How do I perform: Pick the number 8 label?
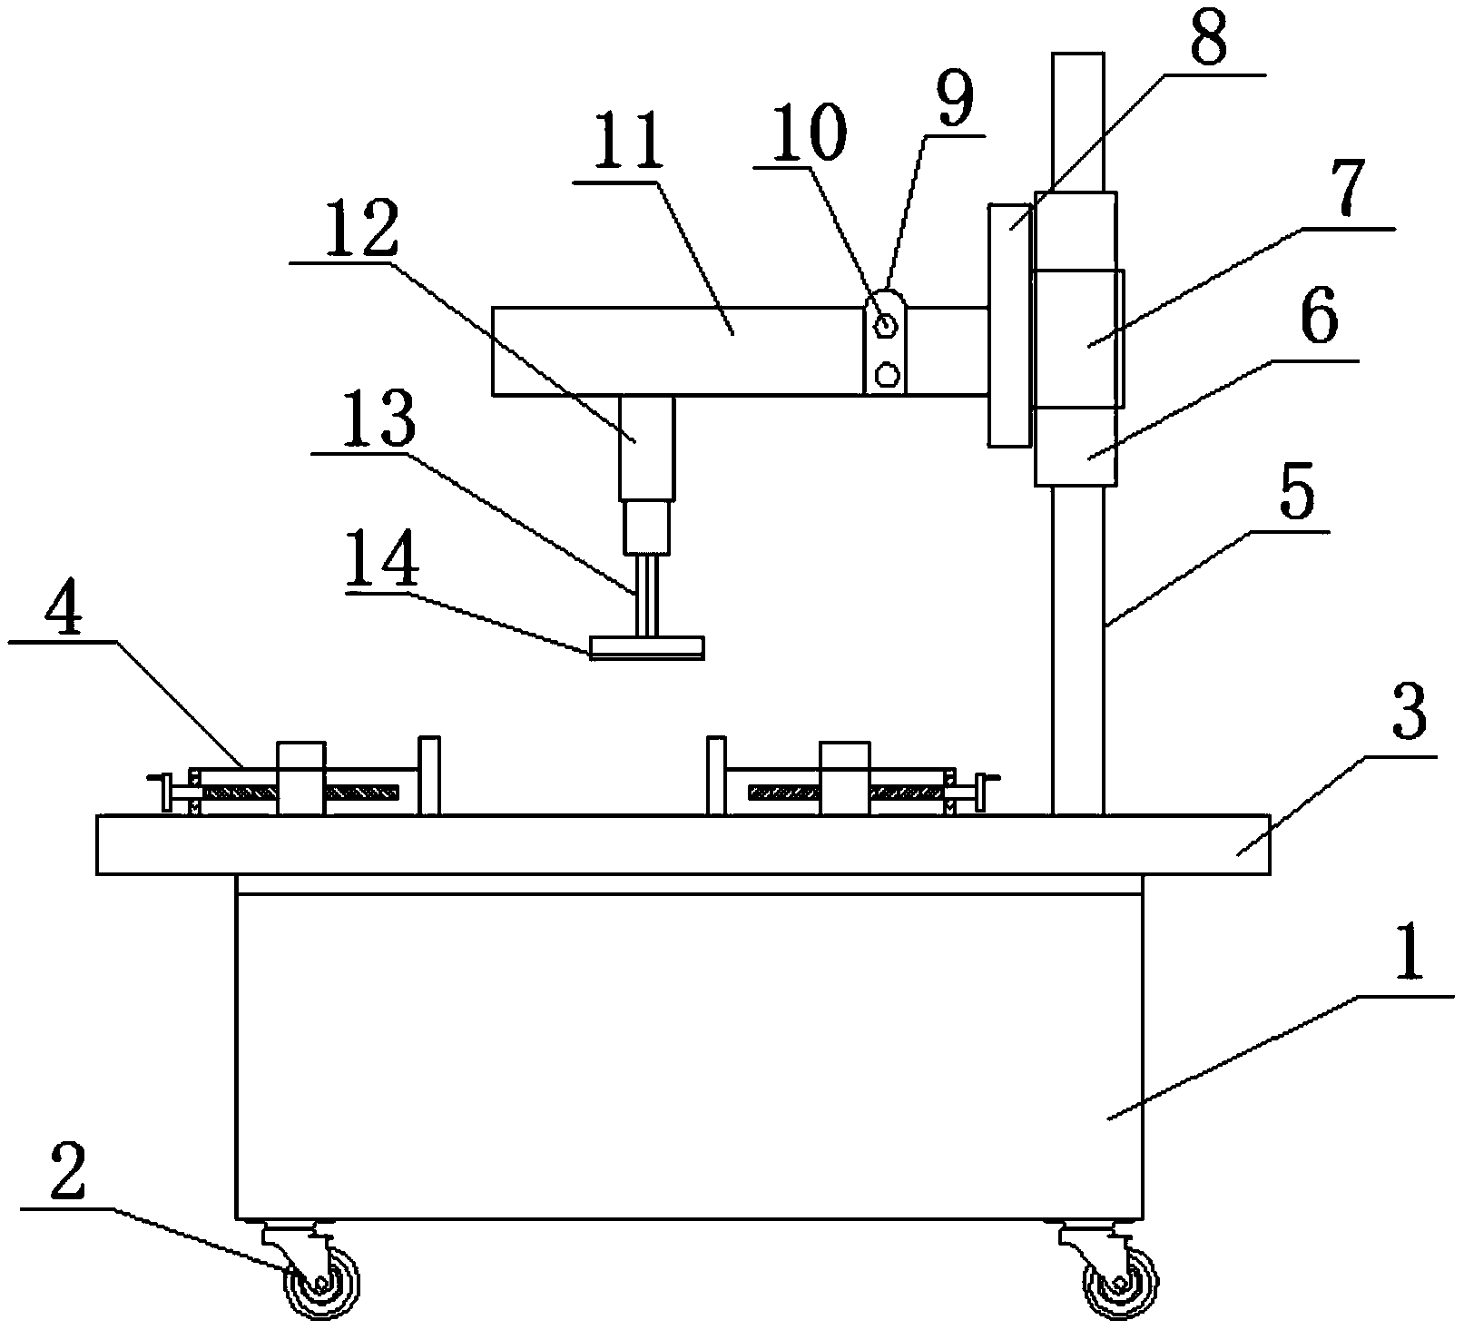coord(1207,39)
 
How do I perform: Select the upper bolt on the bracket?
coord(886,323)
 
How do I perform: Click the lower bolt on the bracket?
coord(886,372)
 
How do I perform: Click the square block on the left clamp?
coord(301,778)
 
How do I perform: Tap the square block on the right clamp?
coord(844,778)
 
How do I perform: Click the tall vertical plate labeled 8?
coord(1010,325)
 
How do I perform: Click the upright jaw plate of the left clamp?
coord(428,775)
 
